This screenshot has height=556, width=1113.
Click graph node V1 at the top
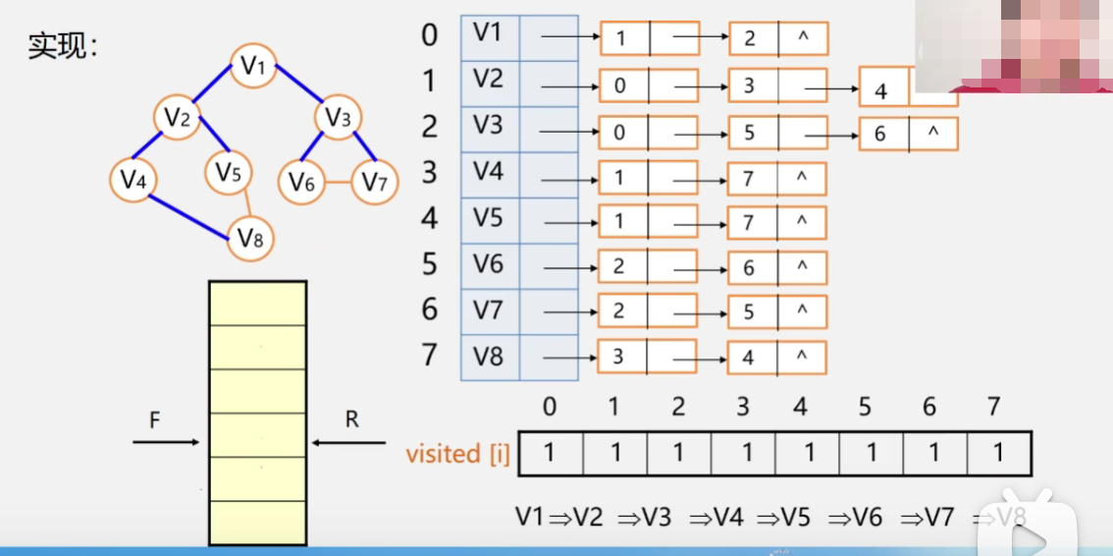pyautogui.click(x=254, y=66)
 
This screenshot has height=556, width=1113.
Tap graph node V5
pyautogui.click(x=229, y=174)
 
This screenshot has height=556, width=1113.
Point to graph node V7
pyautogui.click(x=374, y=182)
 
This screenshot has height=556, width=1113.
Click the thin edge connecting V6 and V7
pyautogui.click(x=339, y=182)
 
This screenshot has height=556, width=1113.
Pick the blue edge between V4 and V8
pyautogui.click(x=189, y=215)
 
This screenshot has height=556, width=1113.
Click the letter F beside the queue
pyautogui.click(x=154, y=420)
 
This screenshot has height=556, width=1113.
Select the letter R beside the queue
pyautogui.click(x=352, y=420)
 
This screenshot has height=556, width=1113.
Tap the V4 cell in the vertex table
pyautogui.click(x=489, y=173)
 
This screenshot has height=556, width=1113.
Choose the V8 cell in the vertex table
pyautogui.click(x=489, y=356)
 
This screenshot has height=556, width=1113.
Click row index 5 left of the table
pyautogui.click(x=429, y=264)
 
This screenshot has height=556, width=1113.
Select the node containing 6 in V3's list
pyautogui.click(x=908, y=133)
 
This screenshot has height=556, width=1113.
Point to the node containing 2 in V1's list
pyautogui.click(x=778, y=38)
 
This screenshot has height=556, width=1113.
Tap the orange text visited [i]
pyautogui.click(x=457, y=455)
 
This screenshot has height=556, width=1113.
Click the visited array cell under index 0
pyautogui.click(x=551, y=454)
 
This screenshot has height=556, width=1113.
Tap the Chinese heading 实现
pyautogui.click(x=60, y=46)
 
